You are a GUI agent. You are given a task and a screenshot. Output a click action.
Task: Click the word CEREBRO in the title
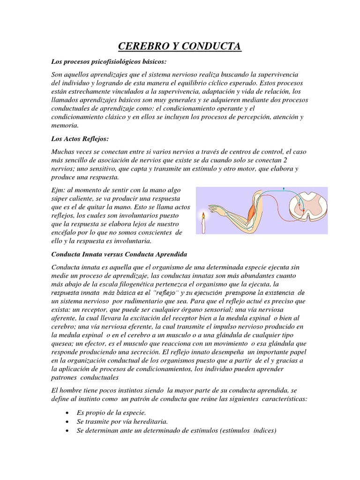point(144,46)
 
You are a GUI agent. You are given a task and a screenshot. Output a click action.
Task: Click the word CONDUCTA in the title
point(214,46)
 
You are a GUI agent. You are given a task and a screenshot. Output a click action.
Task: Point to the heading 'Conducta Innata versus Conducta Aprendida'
point(119,254)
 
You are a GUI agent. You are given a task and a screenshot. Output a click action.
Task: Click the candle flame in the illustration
point(203,216)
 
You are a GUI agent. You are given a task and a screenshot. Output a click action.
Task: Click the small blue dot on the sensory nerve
point(283,189)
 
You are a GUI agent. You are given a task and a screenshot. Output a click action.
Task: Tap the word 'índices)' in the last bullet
point(265,431)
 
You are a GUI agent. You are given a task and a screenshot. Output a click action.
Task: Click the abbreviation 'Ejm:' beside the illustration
point(59,190)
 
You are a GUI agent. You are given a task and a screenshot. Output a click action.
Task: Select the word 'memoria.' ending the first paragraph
point(65,126)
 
